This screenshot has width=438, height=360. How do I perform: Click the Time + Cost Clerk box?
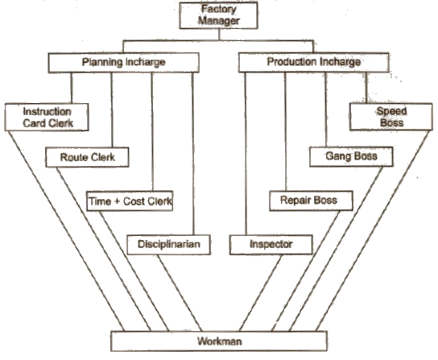click(130, 200)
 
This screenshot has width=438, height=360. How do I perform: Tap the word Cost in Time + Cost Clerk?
click(137, 200)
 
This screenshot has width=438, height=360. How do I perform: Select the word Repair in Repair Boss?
click(295, 200)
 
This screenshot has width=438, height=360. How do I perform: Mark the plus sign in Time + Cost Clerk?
click(118, 200)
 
